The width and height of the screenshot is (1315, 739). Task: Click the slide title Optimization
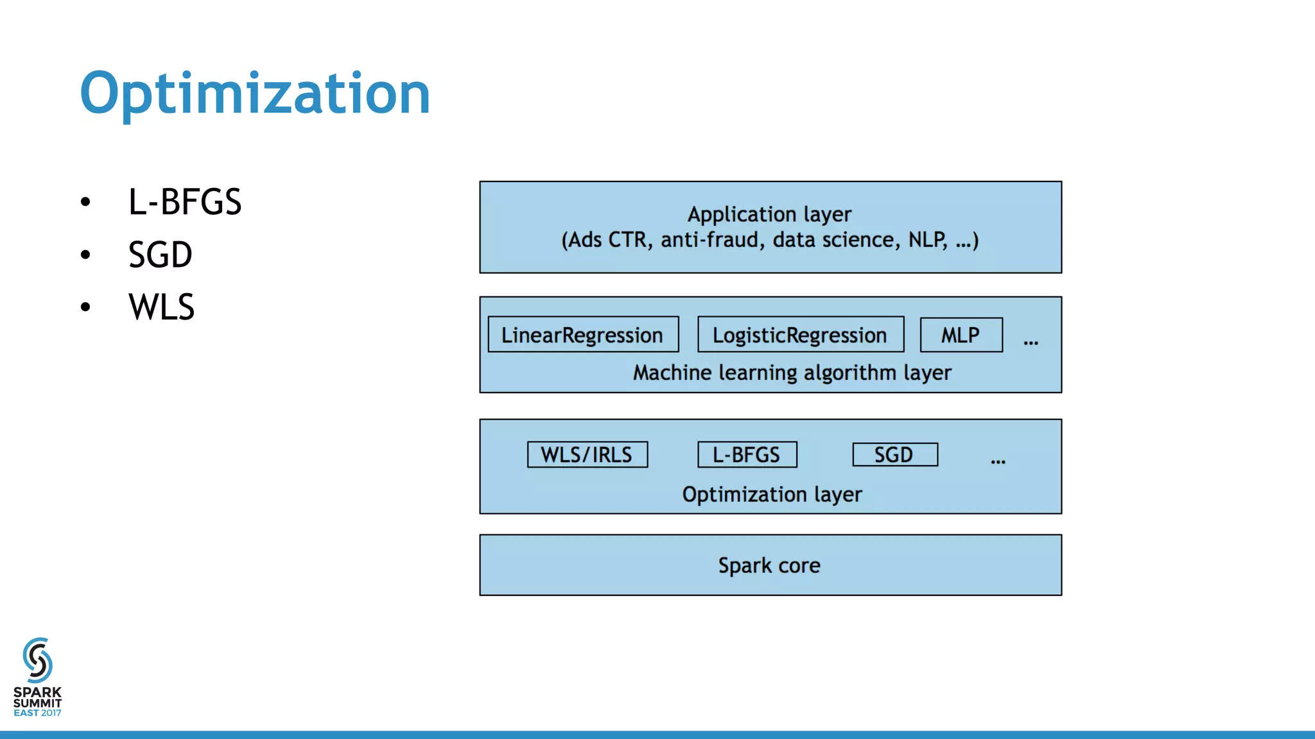click(x=255, y=94)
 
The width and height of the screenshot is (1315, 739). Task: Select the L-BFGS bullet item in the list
click(x=185, y=202)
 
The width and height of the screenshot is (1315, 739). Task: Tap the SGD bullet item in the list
click(x=161, y=255)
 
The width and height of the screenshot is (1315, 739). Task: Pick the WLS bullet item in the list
click(x=162, y=307)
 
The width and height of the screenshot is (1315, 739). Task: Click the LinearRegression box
click(x=583, y=334)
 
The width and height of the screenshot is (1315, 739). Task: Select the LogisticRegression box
click(x=800, y=334)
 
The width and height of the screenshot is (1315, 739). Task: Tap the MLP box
click(x=961, y=334)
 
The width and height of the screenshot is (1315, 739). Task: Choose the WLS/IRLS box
click(x=587, y=454)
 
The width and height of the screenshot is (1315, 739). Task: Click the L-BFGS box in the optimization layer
click(x=747, y=454)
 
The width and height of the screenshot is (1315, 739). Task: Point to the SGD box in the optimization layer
click(x=894, y=454)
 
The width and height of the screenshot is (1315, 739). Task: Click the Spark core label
click(x=769, y=565)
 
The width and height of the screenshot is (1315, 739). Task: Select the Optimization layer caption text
click(x=772, y=494)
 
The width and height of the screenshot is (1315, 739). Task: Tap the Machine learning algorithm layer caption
click(x=792, y=373)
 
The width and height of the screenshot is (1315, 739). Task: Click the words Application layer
click(x=769, y=214)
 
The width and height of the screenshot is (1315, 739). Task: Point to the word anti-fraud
click(x=710, y=240)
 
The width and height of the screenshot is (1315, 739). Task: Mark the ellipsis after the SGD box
click(x=998, y=461)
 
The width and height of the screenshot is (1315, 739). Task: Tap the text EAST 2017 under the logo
click(x=37, y=713)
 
